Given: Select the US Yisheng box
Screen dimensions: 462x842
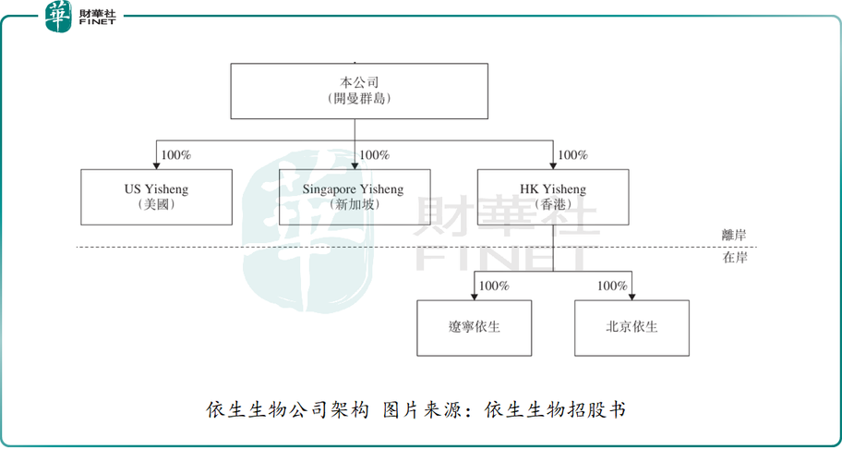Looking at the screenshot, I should [156, 197].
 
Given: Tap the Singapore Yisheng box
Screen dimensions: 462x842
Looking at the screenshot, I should [354, 197].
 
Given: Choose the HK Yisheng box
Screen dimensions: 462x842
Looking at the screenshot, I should [552, 197].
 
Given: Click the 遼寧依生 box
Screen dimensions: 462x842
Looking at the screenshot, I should [474, 328].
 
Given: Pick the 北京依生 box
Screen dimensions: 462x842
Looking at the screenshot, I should [631, 328].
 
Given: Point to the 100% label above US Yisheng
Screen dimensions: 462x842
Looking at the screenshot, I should [175, 155].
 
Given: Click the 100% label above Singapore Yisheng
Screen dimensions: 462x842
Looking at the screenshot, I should [374, 155].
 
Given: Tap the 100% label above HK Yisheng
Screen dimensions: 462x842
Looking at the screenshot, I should [572, 155].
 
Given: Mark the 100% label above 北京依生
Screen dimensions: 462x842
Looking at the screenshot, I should [612, 286].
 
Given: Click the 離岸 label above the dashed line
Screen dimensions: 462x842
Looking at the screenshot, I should [734, 237].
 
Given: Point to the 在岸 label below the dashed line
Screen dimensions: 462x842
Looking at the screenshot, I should [734, 258].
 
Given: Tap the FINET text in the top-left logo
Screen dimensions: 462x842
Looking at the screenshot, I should [97, 22].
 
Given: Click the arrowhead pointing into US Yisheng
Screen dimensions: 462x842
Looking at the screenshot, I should [156, 164].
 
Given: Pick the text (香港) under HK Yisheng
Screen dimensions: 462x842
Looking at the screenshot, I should [552, 205].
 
